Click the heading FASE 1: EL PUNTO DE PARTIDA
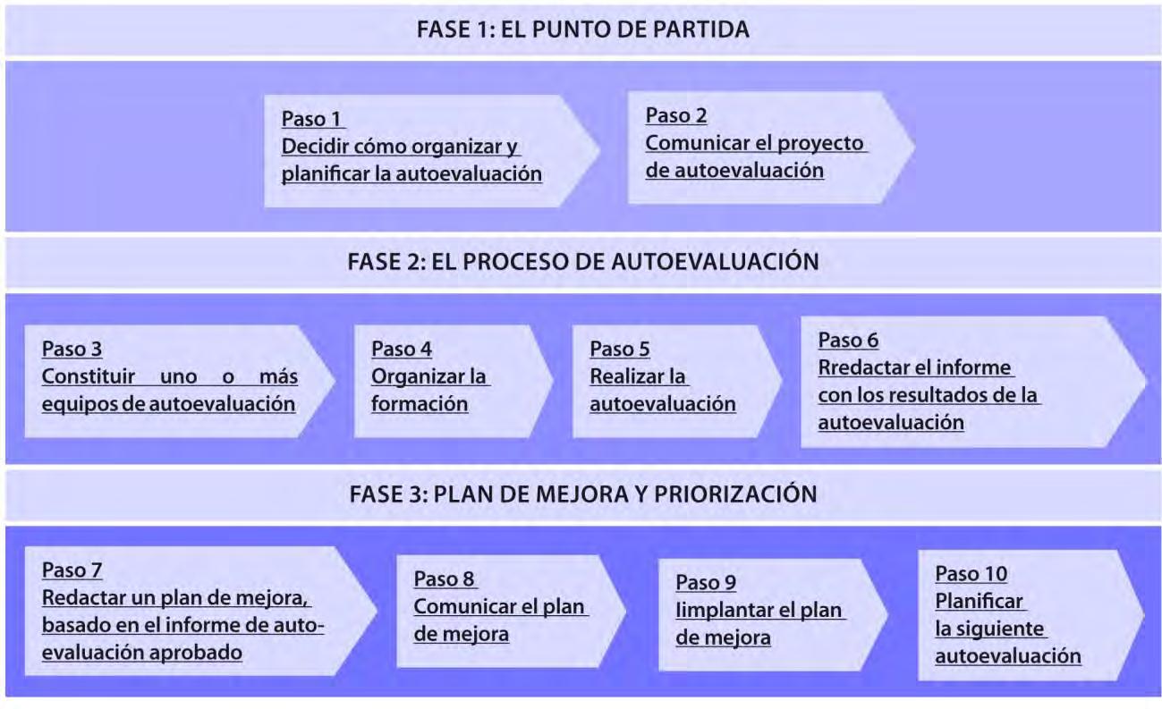tap(582, 30)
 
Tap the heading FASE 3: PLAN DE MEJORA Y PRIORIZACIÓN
tap(582, 494)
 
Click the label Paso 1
tap(313, 120)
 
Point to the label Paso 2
tap(676, 115)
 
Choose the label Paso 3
tap(72, 350)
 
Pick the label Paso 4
tap(402, 350)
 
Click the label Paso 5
tap(620, 350)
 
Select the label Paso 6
tap(848, 341)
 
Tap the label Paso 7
tap(72, 570)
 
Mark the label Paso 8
tap(444, 579)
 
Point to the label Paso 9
tap(706, 583)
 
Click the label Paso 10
tap(971, 574)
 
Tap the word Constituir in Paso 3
tap(89, 376)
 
